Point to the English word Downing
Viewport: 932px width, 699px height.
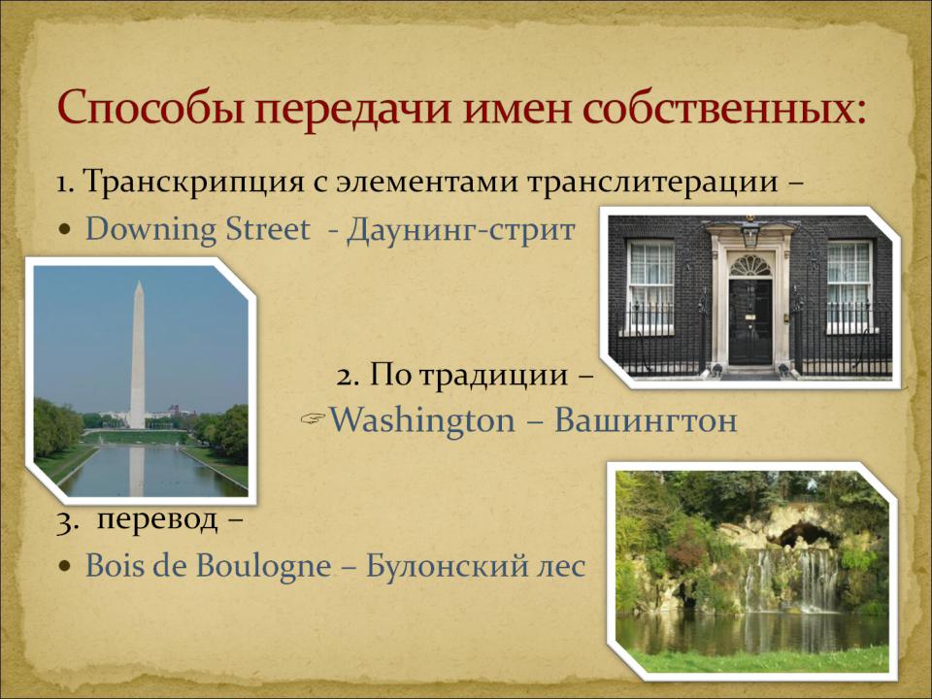coord(150,230)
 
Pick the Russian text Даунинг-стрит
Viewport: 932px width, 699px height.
coord(460,230)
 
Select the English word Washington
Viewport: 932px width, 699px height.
coord(422,420)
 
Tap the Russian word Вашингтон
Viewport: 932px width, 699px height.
coord(646,420)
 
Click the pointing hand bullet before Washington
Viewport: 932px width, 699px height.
coord(314,419)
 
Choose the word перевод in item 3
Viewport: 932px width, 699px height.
coord(157,519)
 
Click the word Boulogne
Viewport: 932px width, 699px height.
coord(264,565)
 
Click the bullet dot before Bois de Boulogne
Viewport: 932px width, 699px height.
coord(65,566)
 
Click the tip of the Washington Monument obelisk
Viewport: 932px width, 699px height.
coord(139,282)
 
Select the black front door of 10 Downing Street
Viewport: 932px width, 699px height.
coord(750,321)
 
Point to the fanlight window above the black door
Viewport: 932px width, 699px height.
coord(750,265)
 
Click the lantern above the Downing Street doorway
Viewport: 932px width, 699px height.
coord(750,232)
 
